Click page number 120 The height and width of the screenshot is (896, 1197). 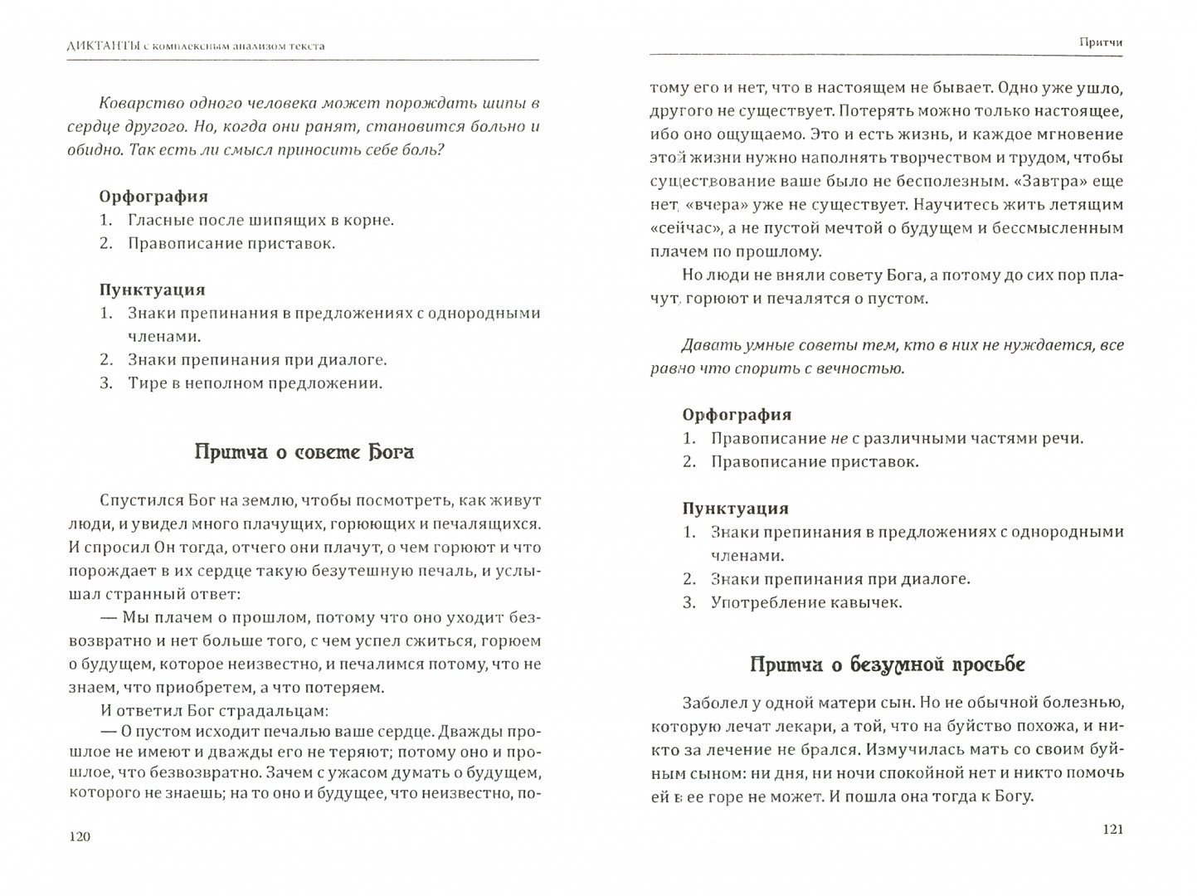point(80,837)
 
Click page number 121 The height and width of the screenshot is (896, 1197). point(1107,830)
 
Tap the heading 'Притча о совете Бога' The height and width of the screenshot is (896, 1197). point(304,452)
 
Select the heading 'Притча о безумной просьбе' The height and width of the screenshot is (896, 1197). point(887,665)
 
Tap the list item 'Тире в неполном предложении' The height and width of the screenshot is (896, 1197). point(255,383)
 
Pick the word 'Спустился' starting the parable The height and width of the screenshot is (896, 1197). point(136,500)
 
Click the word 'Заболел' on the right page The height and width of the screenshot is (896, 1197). point(714,703)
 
